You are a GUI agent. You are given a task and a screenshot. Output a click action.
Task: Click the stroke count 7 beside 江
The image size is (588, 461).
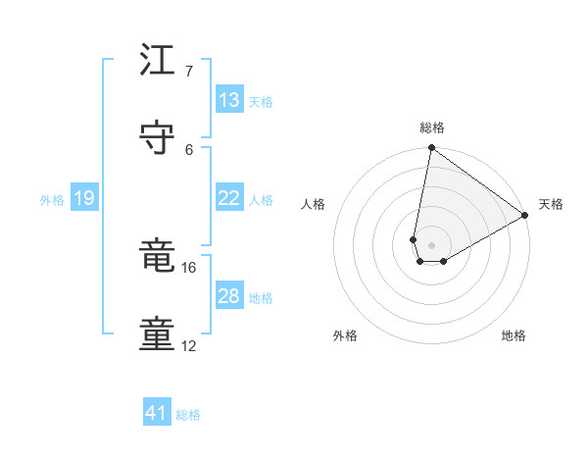pos(190,72)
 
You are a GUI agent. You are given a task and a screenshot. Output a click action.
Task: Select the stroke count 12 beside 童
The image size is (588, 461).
pos(189,345)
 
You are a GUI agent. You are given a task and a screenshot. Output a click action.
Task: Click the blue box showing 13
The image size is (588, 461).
pos(229,100)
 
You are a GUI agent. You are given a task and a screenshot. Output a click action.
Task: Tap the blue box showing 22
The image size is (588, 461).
pos(229,198)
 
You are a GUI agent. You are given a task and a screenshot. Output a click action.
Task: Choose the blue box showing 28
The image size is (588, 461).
pos(229,296)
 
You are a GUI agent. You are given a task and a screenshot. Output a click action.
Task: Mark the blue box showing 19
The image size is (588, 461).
pos(84,198)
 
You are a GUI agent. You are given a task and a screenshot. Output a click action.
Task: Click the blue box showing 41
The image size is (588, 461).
pos(157,413)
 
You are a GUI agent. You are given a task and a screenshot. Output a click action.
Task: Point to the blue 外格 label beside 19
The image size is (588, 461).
pos(52,200)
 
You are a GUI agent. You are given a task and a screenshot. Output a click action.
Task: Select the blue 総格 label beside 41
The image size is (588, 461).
pos(188,415)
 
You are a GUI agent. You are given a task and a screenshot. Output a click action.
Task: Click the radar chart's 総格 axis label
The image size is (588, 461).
pos(432,128)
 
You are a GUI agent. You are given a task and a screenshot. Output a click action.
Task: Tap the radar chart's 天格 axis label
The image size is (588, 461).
pos(551,204)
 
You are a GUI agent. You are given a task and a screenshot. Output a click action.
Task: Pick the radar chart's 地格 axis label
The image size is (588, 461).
pos(514,335)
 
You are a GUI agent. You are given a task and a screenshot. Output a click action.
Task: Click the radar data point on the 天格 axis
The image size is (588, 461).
pos(525,216)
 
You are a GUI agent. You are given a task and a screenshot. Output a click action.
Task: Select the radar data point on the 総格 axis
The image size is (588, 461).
pos(431,149)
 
